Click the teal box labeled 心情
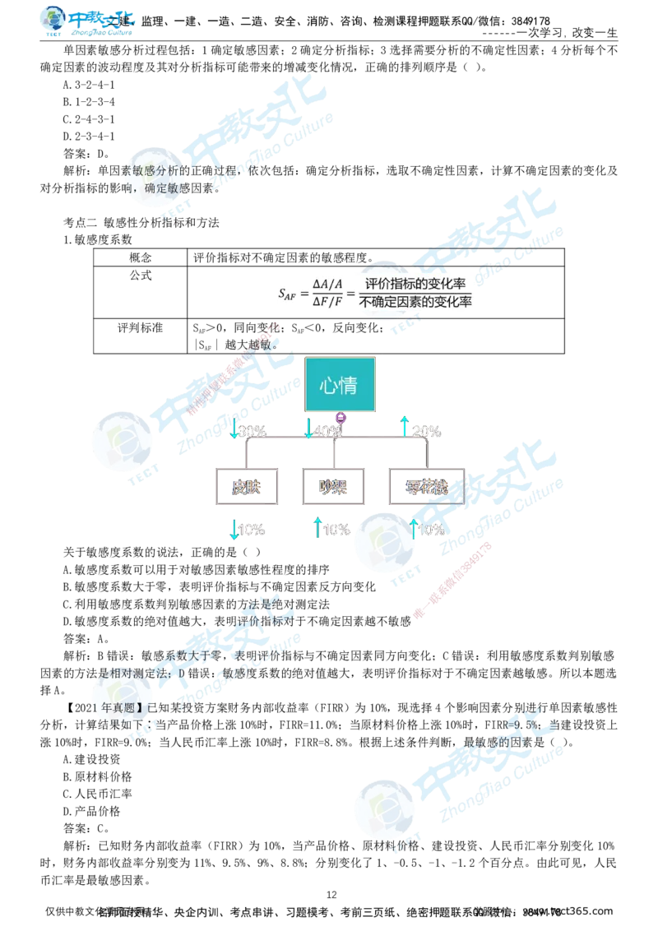click(x=341, y=385)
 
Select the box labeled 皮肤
click(x=247, y=487)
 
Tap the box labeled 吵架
click(x=333, y=487)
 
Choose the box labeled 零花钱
click(x=427, y=487)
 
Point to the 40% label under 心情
click(x=327, y=431)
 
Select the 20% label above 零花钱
click(x=426, y=431)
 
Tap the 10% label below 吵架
click(x=336, y=530)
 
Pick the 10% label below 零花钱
click(x=431, y=530)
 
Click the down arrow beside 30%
click(x=234, y=429)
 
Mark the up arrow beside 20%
click(x=405, y=428)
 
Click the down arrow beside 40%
click(x=309, y=429)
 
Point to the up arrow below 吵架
click(x=318, y=529)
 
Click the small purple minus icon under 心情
click(x=341, y=419)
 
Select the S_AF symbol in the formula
click(x=286, y=294)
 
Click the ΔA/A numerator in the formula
click(x=328, y=285)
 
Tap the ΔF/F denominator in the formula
click(x=328, y=303)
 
